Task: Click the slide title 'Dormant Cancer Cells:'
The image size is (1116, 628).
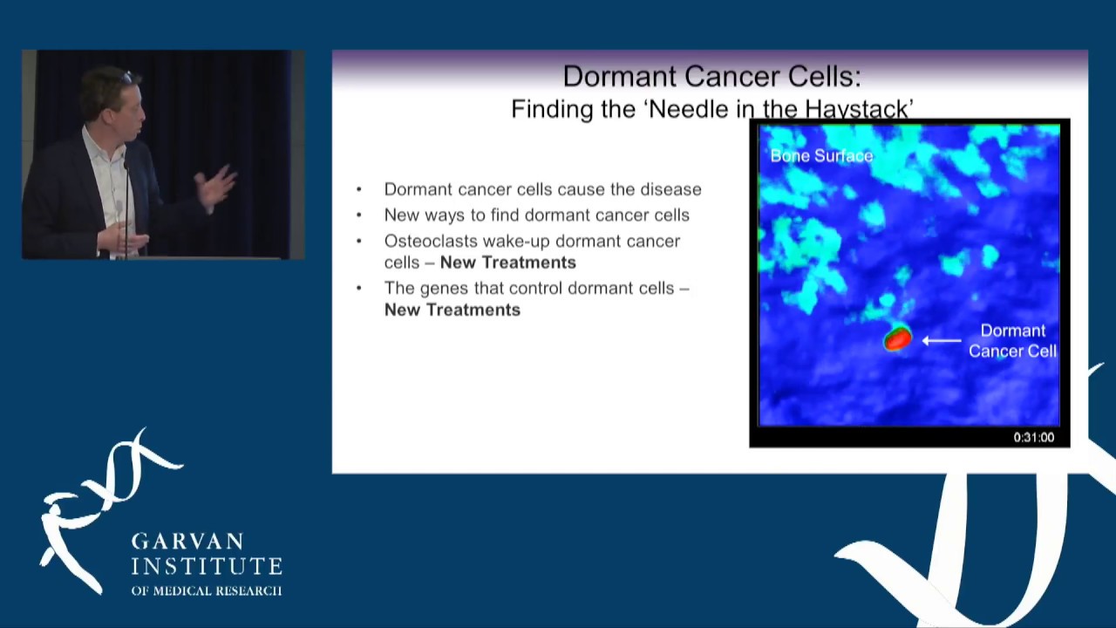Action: (x=711, y=77)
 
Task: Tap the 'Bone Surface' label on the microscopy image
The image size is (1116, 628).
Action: (x=821, y=156)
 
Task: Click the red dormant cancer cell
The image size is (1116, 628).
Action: (x=897, y=339)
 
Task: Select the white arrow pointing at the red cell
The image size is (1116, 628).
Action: (x=942, y=341)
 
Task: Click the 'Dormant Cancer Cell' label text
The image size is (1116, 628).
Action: (x=1012, y=341)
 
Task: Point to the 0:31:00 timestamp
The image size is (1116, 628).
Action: (x=1033, y=438)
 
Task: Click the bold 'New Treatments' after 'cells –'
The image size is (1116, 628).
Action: (x=507, y=263)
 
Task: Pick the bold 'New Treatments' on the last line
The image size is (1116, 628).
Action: (x=452, y=310)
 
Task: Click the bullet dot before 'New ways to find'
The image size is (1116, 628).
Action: (x=359, y=215)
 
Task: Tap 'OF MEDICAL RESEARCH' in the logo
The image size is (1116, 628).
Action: (x=206, y=590)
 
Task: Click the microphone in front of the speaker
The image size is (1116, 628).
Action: (x=127, y=174)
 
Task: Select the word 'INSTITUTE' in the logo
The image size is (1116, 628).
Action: (x=207, y=567)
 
